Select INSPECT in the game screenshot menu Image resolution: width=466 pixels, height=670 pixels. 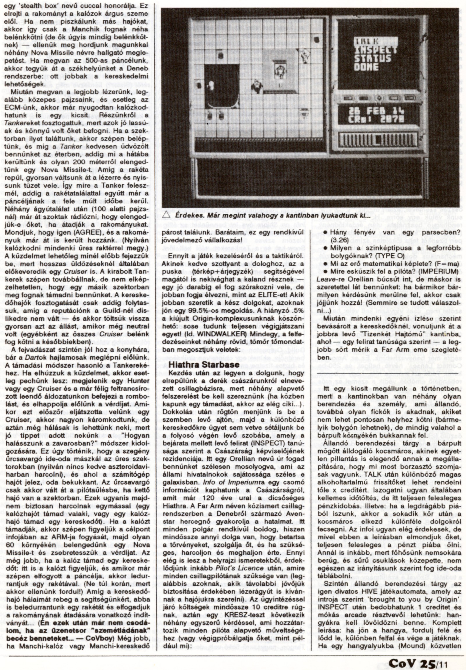pyautogui.click(x=375, y=50)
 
